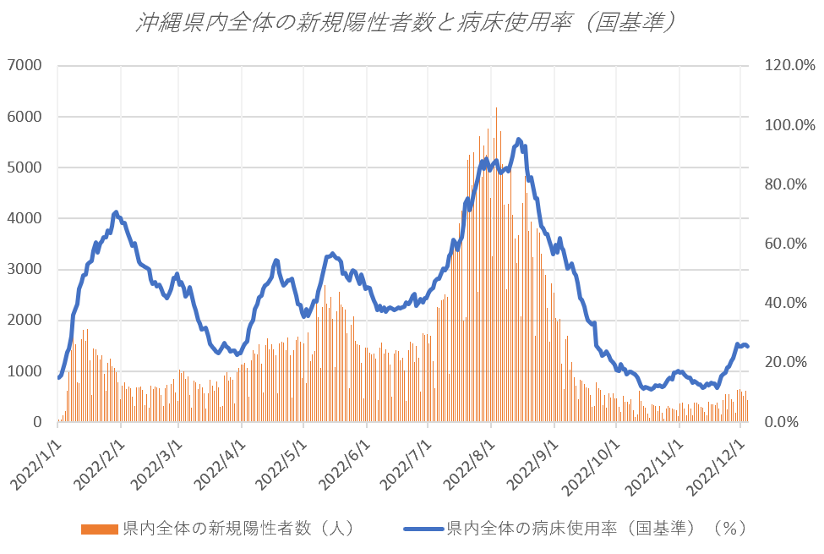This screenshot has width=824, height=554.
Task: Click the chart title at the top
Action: [x=407, y=23]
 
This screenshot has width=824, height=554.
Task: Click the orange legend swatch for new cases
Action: [x=100, y=529]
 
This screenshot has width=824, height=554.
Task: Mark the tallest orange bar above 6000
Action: [x=496, y=110]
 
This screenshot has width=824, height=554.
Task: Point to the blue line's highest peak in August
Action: [x=519, y=140]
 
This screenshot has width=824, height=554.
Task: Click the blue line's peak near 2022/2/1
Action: [x=116, y=212]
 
